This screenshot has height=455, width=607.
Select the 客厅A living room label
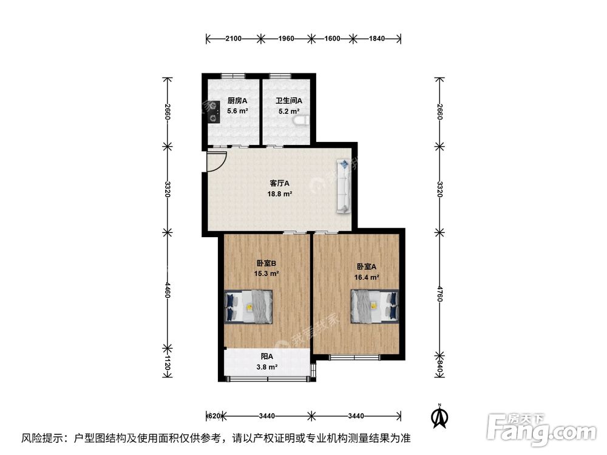[280, 183]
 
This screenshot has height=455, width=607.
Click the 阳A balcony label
[267, 357]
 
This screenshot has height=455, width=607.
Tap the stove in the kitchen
[212, 112]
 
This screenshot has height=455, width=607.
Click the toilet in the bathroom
[300, 122]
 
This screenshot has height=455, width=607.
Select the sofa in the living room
[344, 186]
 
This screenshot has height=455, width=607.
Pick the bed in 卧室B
[249, 305]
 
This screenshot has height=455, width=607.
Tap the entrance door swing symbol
[215, 161]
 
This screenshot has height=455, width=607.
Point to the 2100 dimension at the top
[234, 39]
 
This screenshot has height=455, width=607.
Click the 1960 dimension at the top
[286, 39]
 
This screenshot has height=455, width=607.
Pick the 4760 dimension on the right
[439, 294]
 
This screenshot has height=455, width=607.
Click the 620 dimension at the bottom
[214, 416]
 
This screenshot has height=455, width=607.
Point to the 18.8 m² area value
[280, 194]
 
